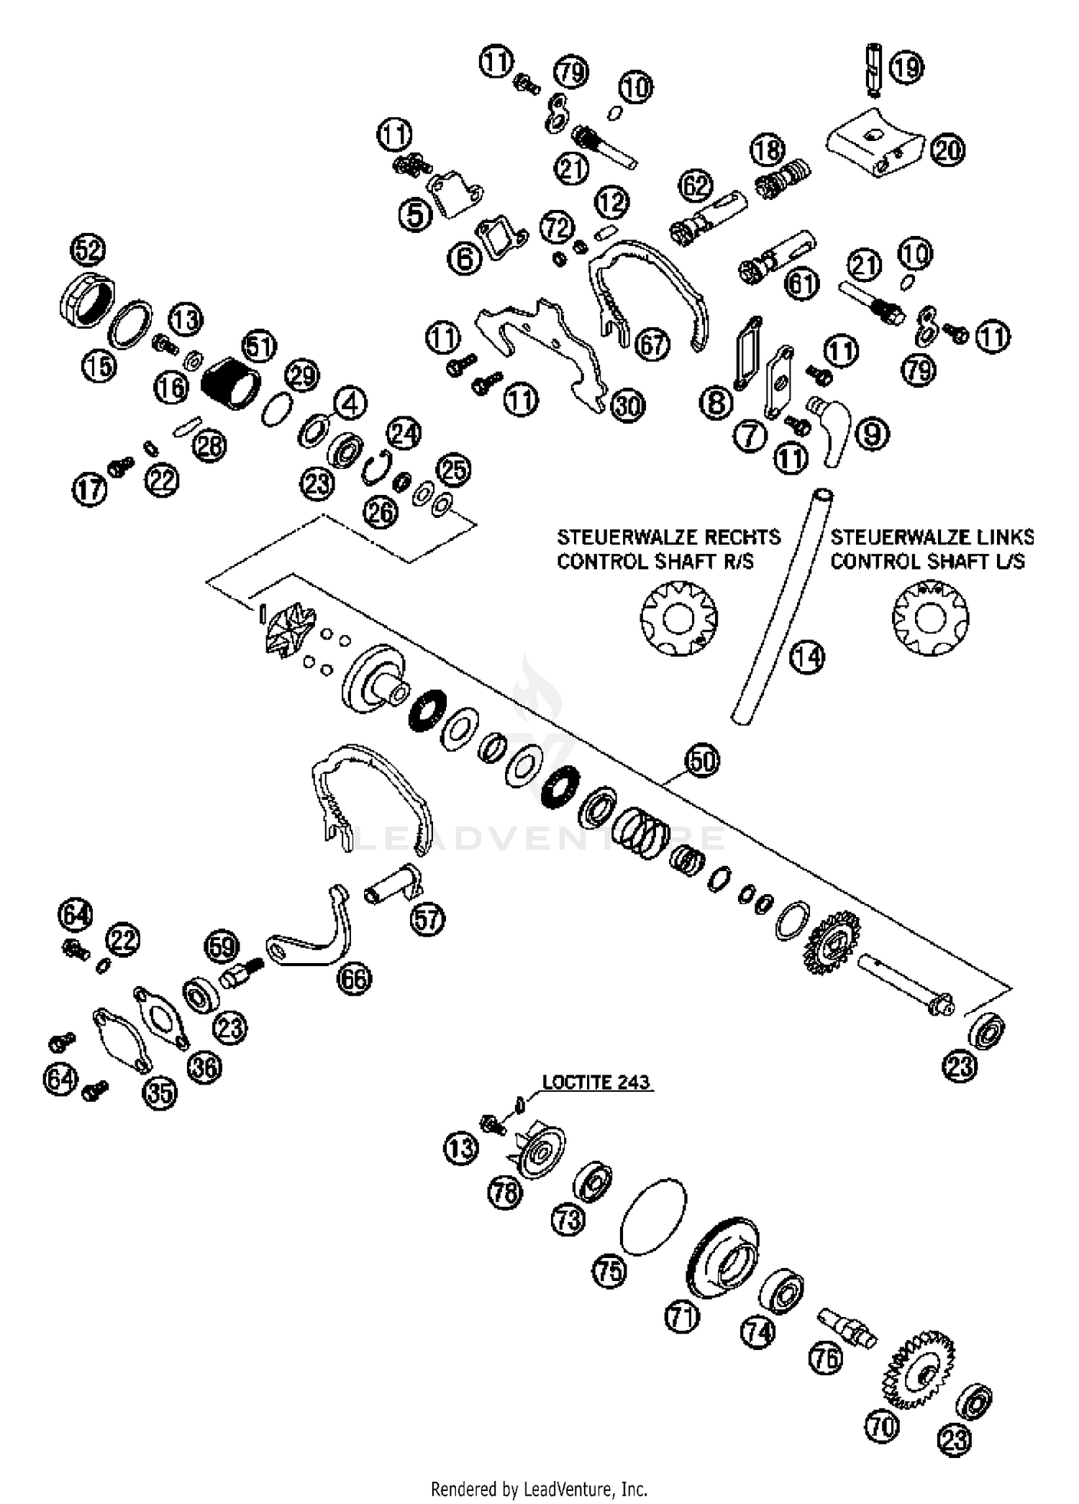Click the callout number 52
coord(88,250)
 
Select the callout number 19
coord(906,67)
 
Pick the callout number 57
coord(427,919)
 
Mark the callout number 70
coord(882,1426)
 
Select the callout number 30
coord(627,406)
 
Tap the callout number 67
coord(652,345)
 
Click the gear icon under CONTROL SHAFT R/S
coord(678,618)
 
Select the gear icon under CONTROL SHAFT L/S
coord(930,618)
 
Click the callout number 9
coord(872,434)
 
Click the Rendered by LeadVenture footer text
coord(539,1487)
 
